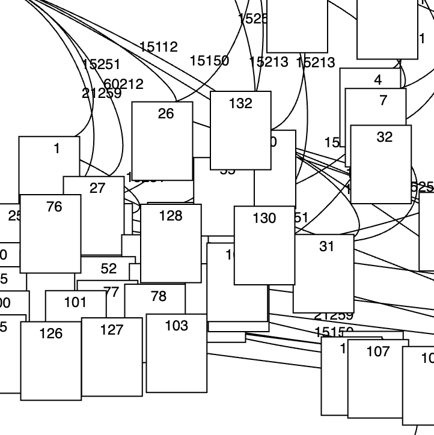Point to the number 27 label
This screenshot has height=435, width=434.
(97, 188)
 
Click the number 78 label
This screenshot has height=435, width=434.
(159, 296)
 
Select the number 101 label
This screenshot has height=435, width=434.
(75, 302)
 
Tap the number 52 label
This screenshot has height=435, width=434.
(109, 269)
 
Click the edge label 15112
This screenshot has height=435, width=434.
(158, 47)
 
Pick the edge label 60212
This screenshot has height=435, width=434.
(124, 84)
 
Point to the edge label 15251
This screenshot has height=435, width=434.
(101, 65)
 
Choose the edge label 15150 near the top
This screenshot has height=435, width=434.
(209, 61)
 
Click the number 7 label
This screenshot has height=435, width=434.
(384, 100)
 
